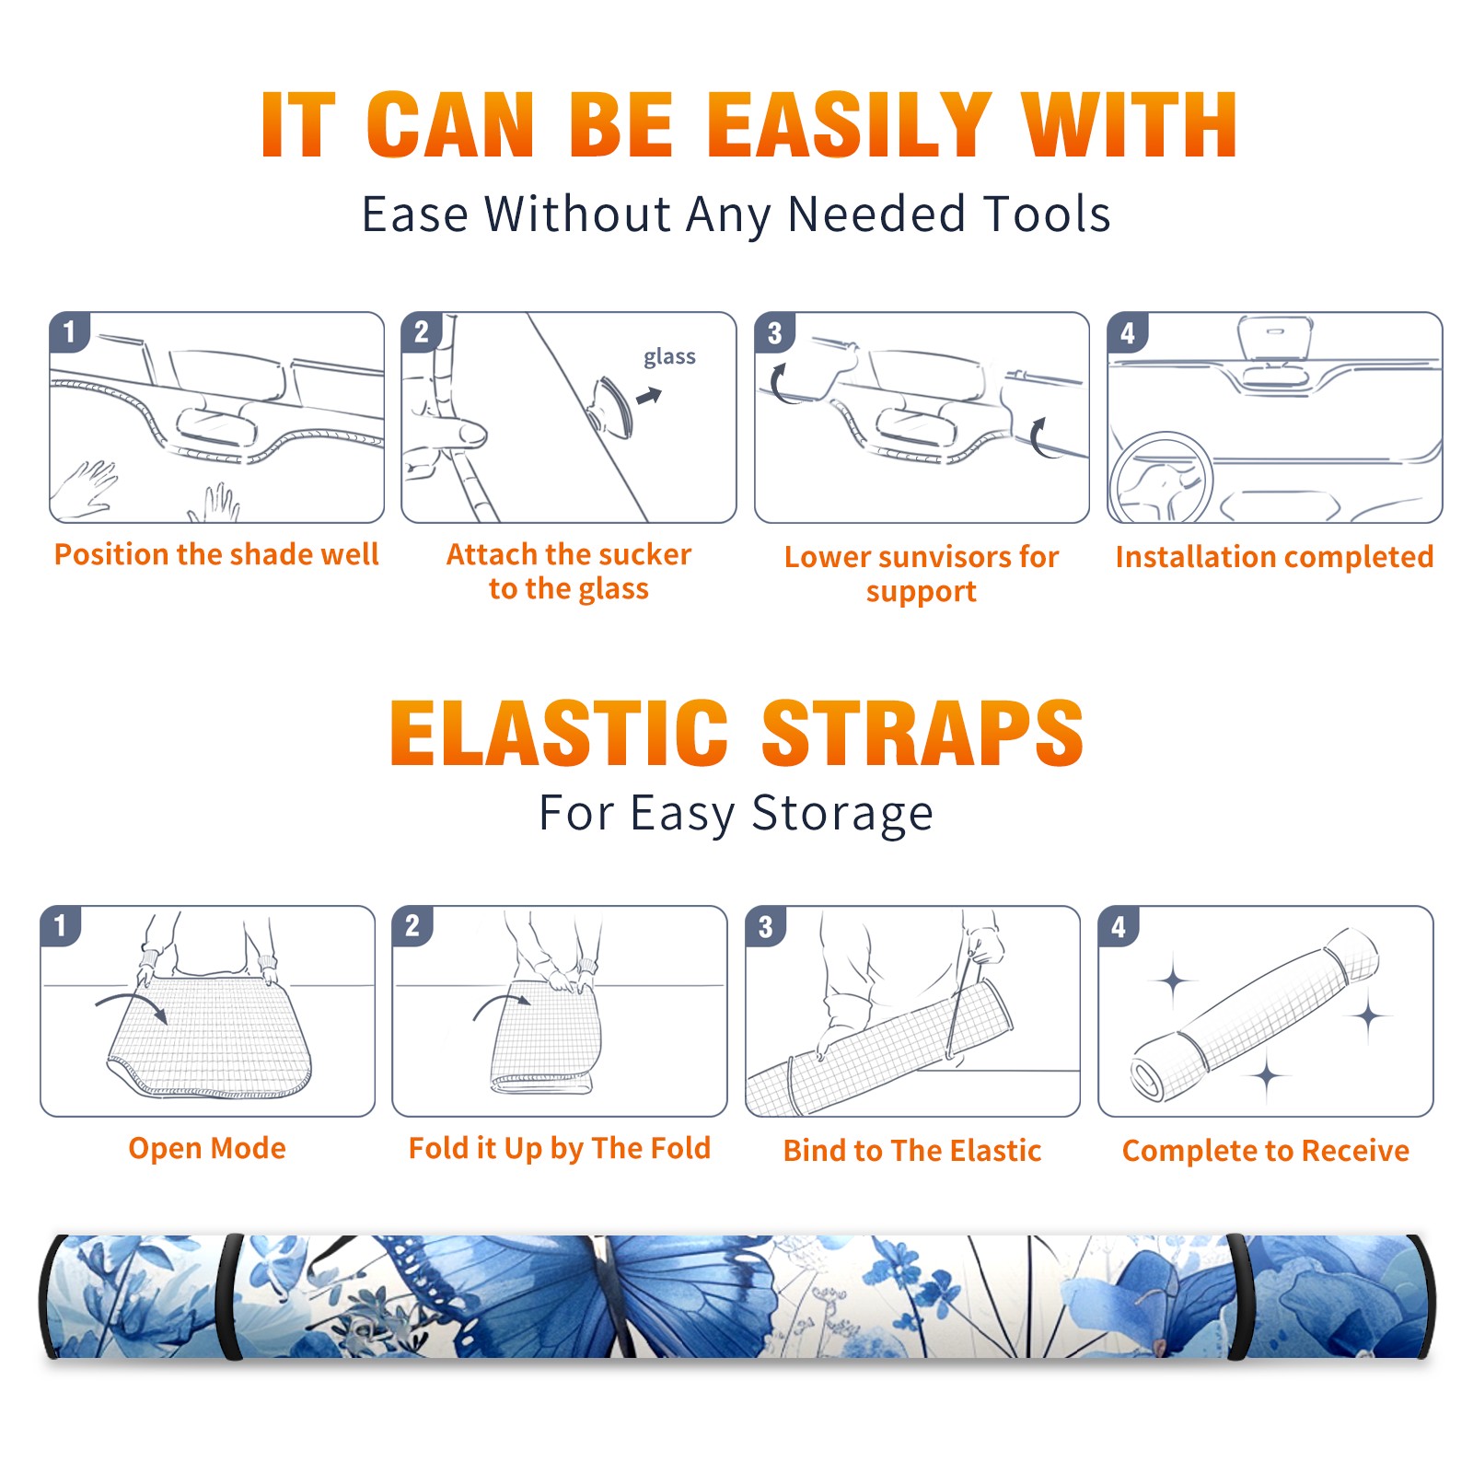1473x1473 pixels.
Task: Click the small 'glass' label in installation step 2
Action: tap(669, 357)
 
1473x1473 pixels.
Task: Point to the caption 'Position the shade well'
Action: tap(216, 554)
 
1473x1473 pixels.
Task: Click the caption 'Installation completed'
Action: tap(1274, 557)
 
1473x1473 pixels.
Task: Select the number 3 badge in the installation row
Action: tap(774, 332)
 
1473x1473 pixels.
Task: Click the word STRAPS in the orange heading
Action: tap(922, 733)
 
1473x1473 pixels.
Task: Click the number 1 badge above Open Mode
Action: tap(61, 925)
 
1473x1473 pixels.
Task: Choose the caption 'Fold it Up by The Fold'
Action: tap(560, 1148)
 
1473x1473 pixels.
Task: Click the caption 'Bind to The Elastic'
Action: tap(912, 1151)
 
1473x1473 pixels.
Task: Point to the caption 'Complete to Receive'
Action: tap(1266, 1151)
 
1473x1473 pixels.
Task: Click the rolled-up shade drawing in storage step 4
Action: tap(1255, 1015)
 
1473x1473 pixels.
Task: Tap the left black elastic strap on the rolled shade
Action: tap(230, 1296)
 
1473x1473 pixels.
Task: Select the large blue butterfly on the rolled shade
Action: tap(589, 1293)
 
